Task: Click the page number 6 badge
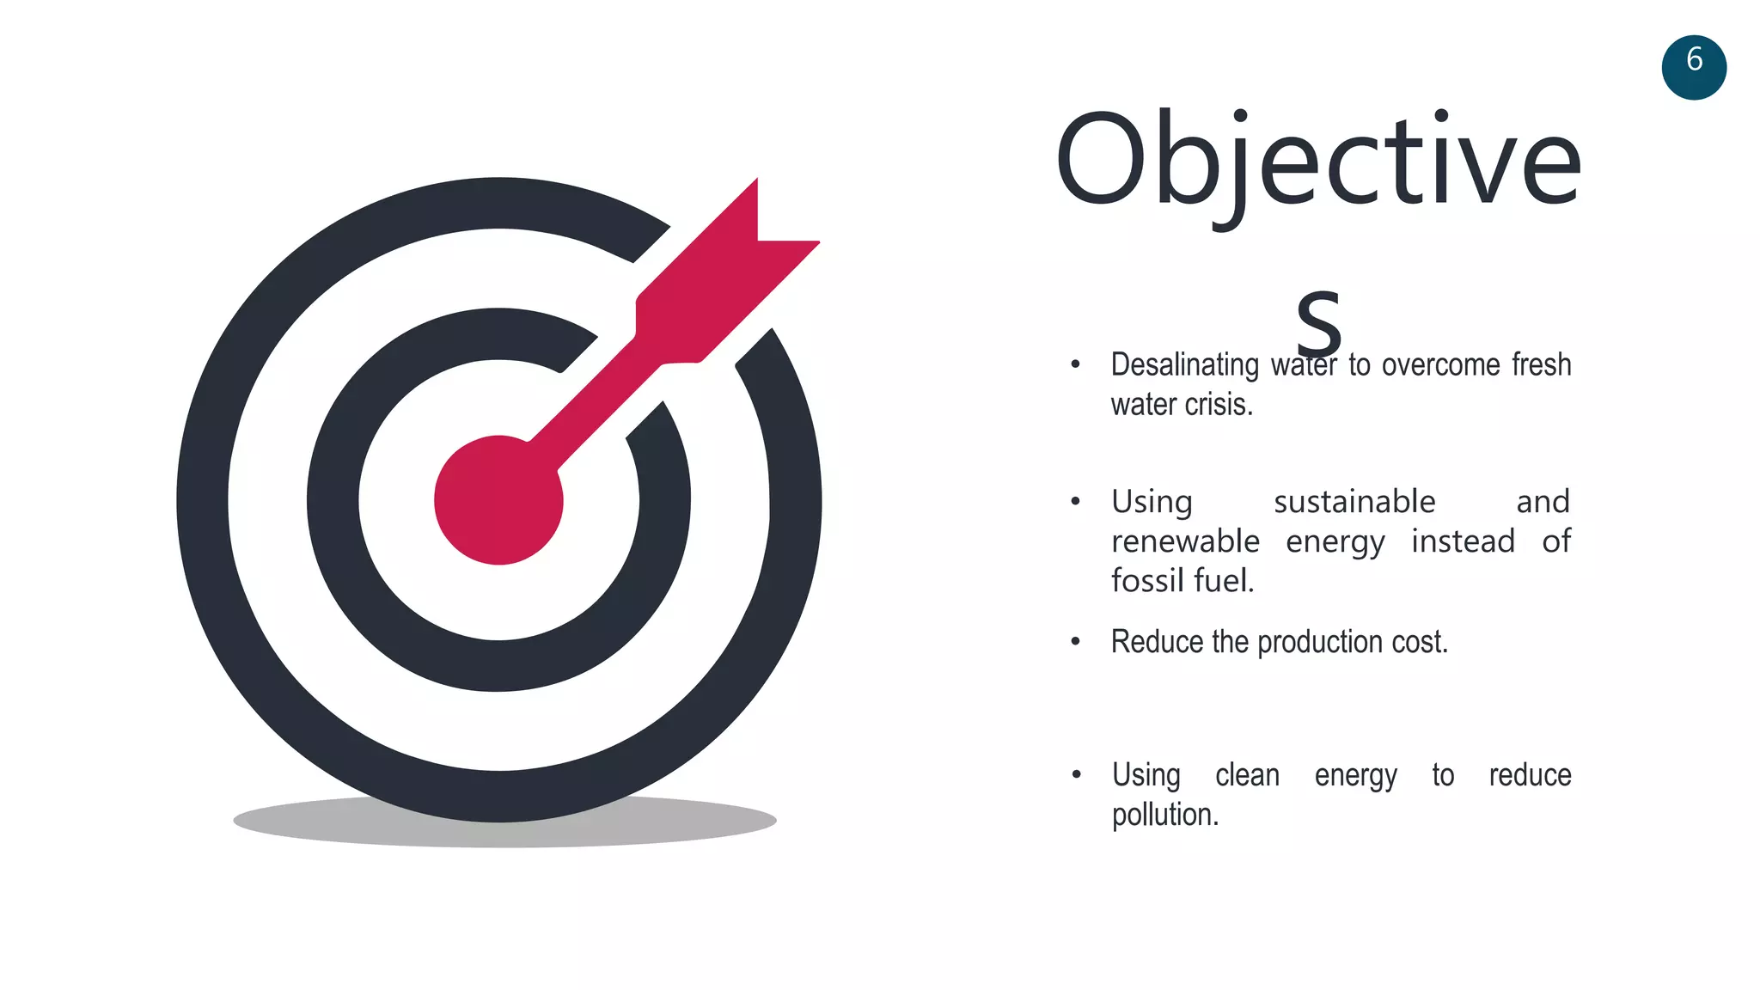(x=1693, y=67)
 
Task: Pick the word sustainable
(x=1354, y=502)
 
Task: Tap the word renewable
(x=1185, y=541)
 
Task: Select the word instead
(x=1463, y=541)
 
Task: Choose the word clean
(x=1247, y=775)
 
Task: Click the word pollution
(x=1164, y=815)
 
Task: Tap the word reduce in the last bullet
(x=1530, y=775)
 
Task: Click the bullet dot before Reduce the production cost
(x=1075, y=641)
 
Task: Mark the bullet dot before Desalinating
(x=1075, y=364)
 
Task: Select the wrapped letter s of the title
(x=1318, y=323)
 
